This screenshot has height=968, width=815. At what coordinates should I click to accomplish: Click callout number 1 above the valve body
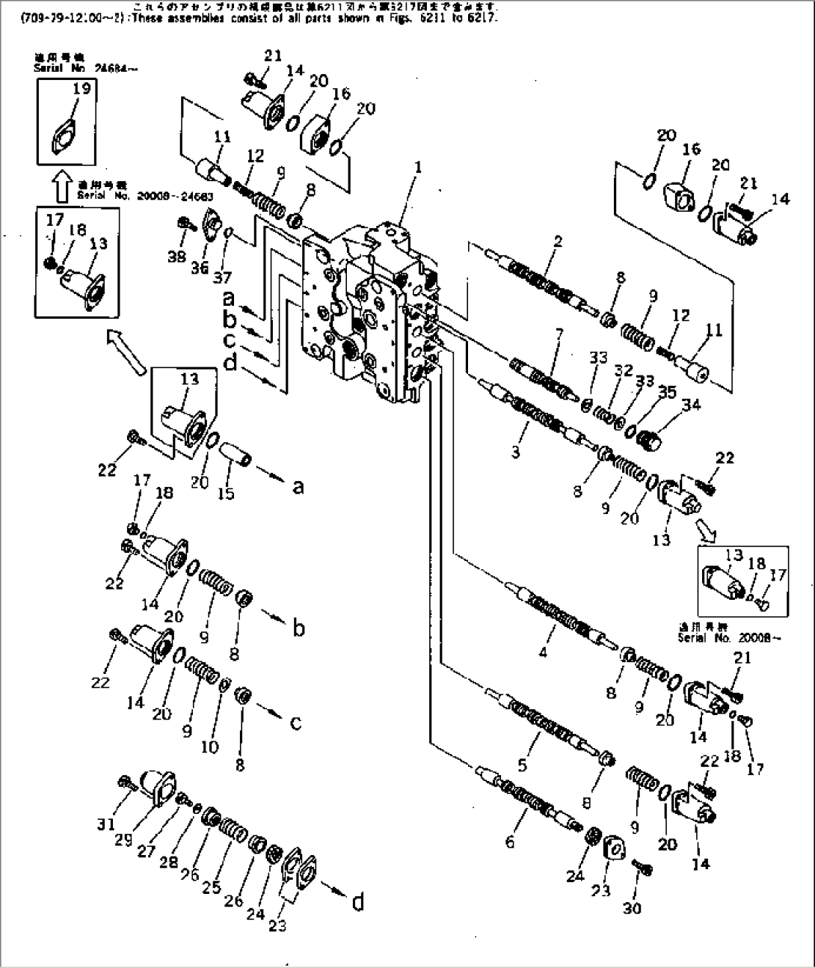tap(418, 168)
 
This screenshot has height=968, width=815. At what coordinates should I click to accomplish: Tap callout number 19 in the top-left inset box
tap(82, 89)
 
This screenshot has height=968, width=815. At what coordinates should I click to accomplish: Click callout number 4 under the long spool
tap(543, 652)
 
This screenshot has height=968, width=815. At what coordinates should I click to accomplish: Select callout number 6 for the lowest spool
tap(510, 842)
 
